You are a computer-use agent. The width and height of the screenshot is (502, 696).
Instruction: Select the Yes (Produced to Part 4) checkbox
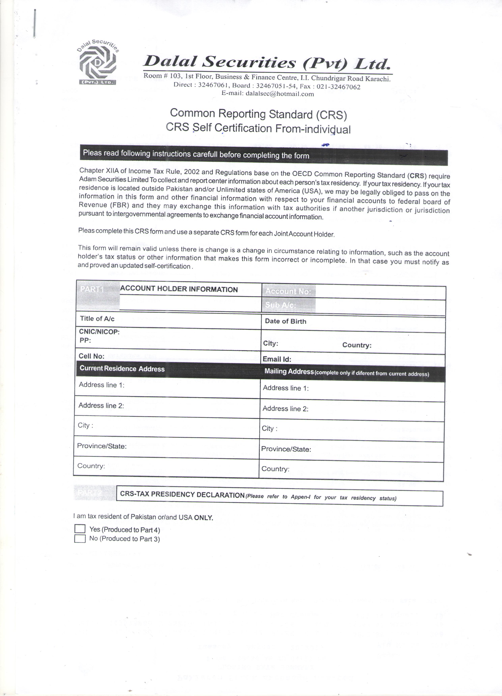[80, 528]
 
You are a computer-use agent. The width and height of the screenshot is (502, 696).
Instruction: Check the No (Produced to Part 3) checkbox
[80, 539]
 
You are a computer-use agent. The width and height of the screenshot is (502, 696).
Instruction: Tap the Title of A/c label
[97, 319]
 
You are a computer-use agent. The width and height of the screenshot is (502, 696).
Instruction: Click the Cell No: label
[92, 356]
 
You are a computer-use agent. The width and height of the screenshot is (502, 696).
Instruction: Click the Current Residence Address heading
[122, 369]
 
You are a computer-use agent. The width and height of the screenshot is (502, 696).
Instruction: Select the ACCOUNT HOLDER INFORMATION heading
[179, 289]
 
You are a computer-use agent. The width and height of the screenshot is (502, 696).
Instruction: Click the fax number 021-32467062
[338, 87]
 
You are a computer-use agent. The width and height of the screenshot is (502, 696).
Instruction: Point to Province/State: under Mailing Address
[286, 449]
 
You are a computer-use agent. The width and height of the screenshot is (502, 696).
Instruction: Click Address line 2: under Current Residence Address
[101, 405]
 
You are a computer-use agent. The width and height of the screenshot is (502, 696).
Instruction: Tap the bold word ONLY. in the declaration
[204, 518]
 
